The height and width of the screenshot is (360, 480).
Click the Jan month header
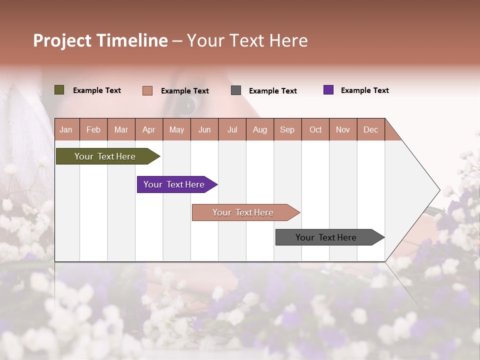[x=66, y=129]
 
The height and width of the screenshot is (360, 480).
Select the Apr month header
[x=148, y=129]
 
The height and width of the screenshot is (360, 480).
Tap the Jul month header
[x=232, y=129]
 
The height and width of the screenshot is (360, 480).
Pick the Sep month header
[x=287, y=129]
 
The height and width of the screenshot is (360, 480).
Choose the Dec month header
[x=370, y=129]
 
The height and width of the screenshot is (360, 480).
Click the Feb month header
[x=93, y=129]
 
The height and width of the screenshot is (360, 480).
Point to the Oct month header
[x=315, y=129]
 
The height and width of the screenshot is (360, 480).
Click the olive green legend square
[x=59, y=90]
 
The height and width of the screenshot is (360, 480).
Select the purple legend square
[x=328, y=90]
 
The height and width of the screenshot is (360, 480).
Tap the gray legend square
[x=236, y=90]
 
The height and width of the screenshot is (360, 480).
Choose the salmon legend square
[x=147, y=90]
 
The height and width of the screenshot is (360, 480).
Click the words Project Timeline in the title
[x=100, y=40]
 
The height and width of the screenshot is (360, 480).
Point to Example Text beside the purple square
[x=364, y=90]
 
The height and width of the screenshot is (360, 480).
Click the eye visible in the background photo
[x=186, y=105]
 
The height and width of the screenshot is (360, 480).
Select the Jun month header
[x=204, y=129]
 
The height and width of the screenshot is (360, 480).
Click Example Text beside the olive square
[x=97, y=90]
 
